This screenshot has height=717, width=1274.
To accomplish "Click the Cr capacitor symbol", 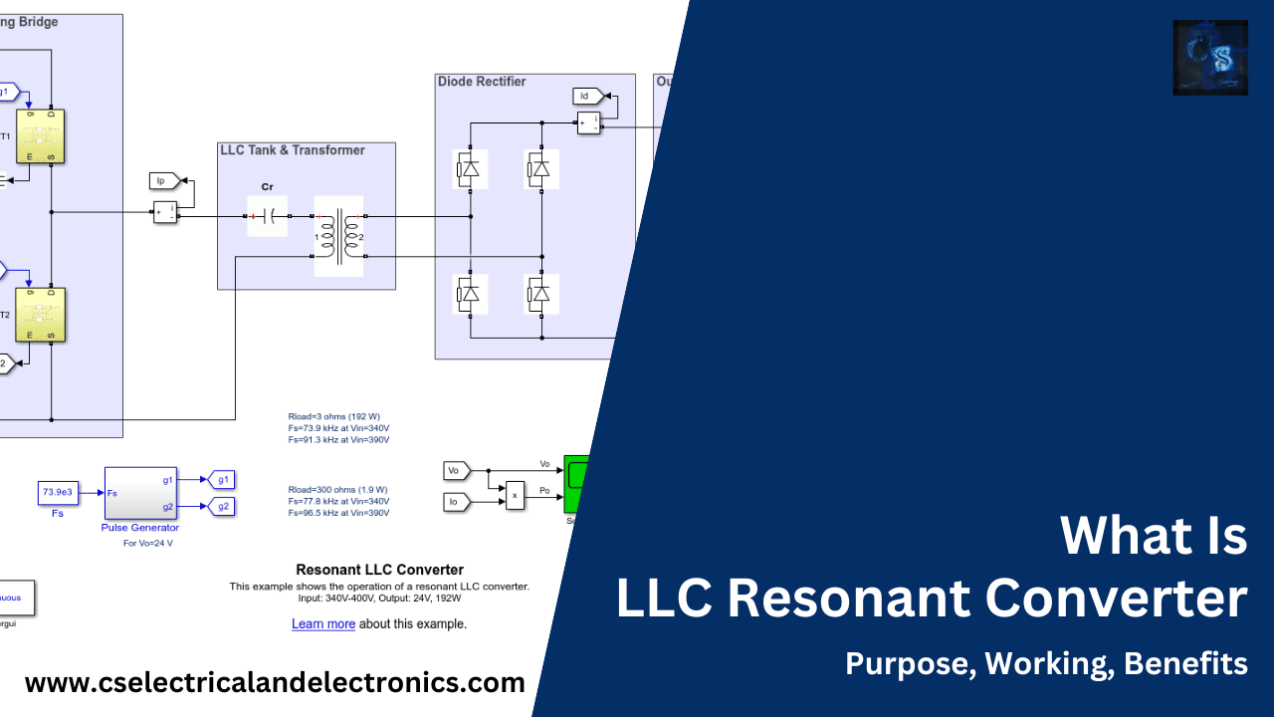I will pos(267,216).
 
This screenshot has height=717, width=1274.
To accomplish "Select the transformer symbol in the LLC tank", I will pos(338,236).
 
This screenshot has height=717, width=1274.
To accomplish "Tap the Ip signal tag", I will pos(165,180).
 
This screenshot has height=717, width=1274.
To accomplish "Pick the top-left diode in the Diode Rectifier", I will pos(467,169).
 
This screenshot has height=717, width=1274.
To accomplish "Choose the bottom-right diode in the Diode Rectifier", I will pos(539,293).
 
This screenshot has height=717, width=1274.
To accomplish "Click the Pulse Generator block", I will pos(140,492).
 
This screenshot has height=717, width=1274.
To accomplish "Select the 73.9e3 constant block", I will pos(58,492).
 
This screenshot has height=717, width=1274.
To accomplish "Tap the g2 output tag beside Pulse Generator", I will pos(221,506).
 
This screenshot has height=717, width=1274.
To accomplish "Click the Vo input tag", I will pos(455,470).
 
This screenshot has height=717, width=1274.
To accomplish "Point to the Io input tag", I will pos(455,502).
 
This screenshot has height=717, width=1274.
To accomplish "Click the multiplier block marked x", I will pos(515,494).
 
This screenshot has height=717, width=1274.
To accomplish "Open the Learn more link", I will pos(323,624).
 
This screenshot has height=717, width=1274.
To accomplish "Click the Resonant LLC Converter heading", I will pos(379,571).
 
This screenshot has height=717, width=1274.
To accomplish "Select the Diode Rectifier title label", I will pos(482,82).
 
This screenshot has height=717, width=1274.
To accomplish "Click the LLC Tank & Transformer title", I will pos(292,150).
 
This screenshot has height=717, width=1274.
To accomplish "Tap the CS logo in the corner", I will pos(1209,58).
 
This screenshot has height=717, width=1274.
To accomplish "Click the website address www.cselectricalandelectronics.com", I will pos(275,683).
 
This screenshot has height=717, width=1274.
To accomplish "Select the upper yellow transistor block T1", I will pos(40,134).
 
